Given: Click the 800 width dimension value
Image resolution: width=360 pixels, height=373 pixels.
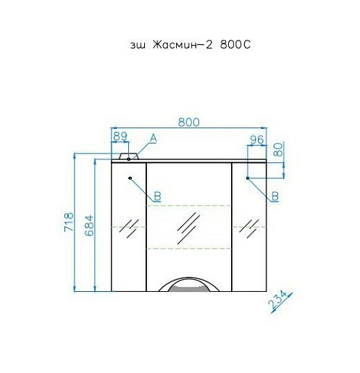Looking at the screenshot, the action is coord(189,122).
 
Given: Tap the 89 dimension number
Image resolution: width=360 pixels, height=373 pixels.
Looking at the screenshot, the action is coord(120,136).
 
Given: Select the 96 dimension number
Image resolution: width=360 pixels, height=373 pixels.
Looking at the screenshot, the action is coord(256,140).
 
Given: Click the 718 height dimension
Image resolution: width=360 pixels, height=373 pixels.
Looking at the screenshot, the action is coord(69,222).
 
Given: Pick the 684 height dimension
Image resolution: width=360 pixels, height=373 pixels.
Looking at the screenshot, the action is coord(89,225).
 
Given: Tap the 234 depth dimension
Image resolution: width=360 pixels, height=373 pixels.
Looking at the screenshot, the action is coord(277,300).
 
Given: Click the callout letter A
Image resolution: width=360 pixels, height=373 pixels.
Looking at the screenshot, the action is coord(154,138).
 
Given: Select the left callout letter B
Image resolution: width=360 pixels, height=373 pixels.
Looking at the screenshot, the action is coord(157,196).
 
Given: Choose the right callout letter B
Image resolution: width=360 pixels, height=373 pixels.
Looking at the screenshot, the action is coord(275,196).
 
